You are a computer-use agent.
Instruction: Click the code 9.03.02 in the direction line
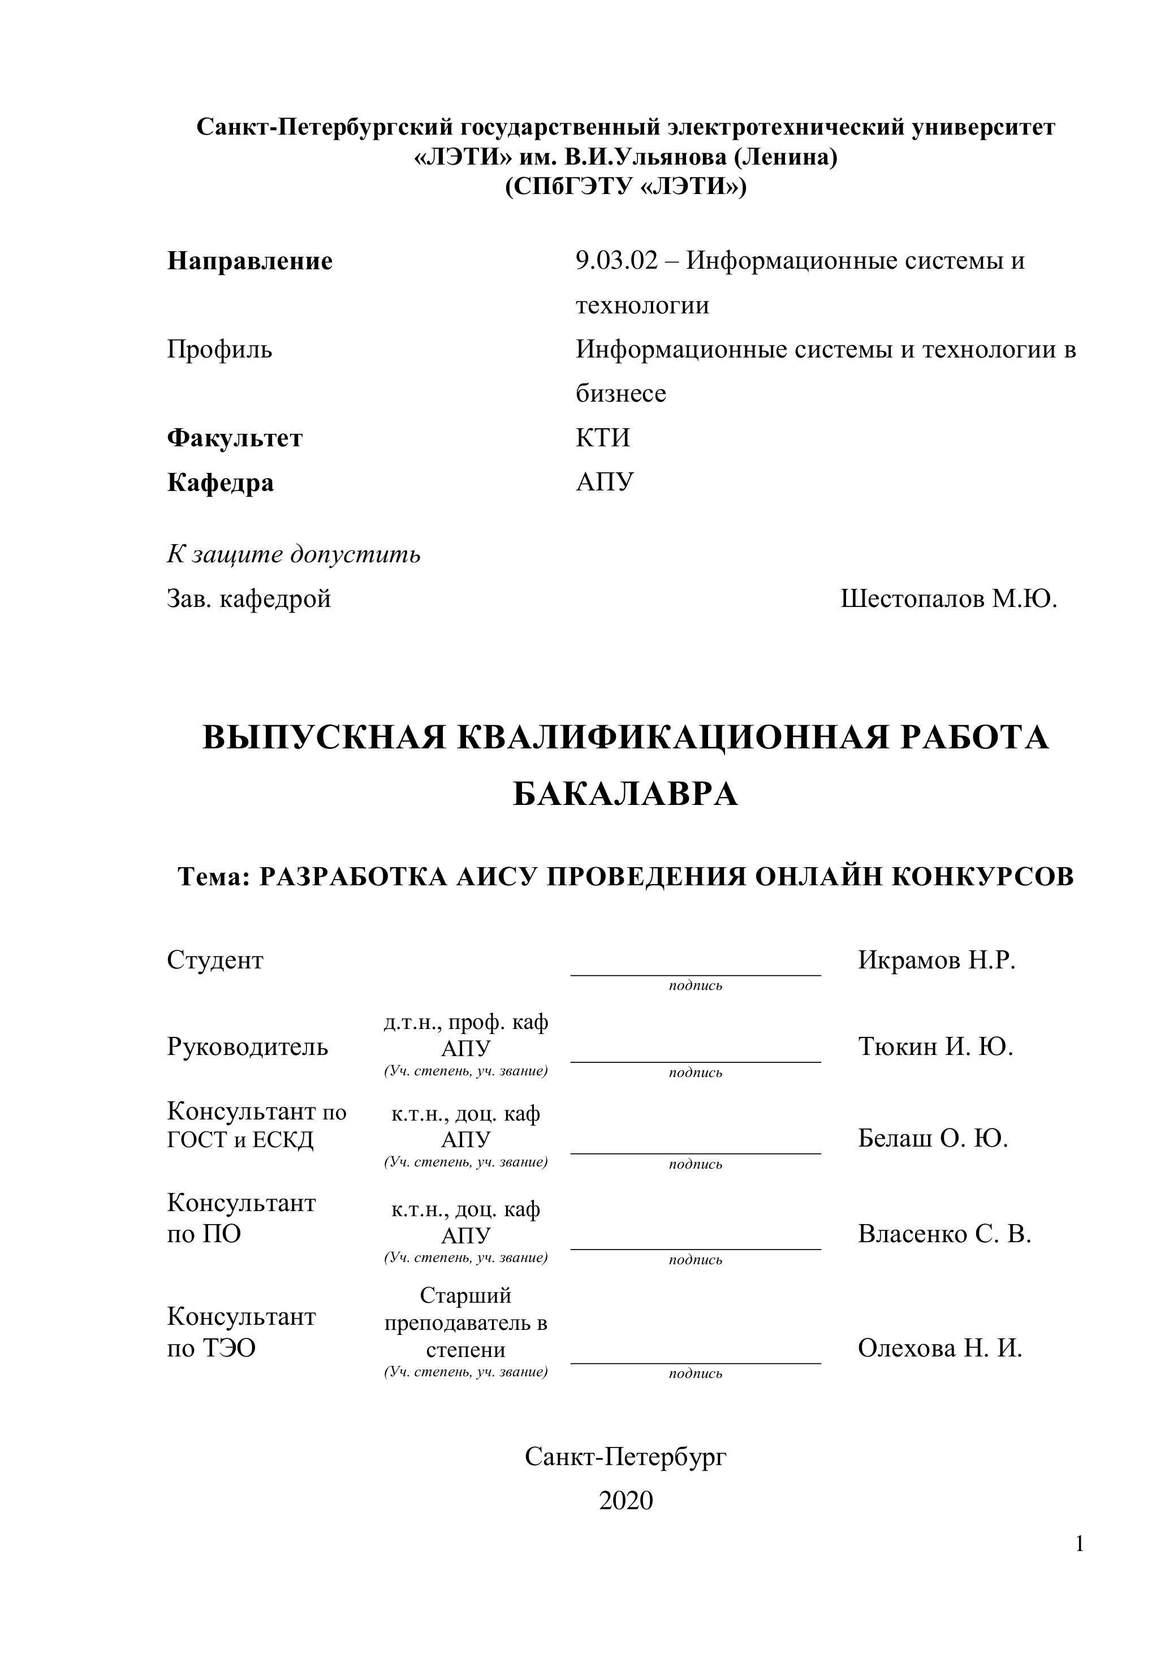click(616, 261)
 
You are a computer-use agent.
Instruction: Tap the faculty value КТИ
click(603, 438)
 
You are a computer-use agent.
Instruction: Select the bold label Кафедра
click(221, 482)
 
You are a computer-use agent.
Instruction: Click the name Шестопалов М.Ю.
click(948, 598)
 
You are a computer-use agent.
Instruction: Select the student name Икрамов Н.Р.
click(937, 960)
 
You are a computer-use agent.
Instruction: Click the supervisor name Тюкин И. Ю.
click(935, 1046)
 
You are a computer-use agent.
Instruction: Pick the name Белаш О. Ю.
click(933, 1138)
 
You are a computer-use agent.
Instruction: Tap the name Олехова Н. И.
click(940, 1348)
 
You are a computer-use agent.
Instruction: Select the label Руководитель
click(247, 1046)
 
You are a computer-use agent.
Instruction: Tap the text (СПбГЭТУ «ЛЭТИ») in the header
click(625, 187)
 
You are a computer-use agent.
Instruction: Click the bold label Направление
click(250, 261)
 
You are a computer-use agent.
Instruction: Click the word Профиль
click(219, 350)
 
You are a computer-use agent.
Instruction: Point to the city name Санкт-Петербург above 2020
click(625, 1457)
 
